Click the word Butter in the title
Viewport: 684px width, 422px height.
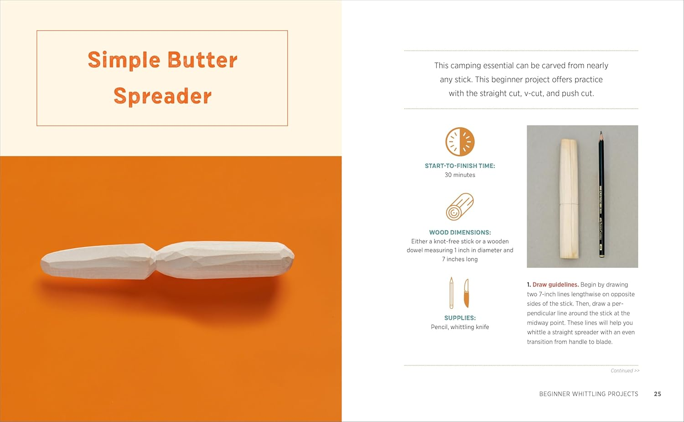pyautogui.click(x=202, y=60)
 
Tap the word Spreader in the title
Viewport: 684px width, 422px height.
pyautogui.click(x=162, y=96)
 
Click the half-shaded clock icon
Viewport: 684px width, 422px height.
pyautogui.click(x=460, y=142)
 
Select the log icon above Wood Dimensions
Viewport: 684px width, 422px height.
pyautogui.click(x=460, y=207)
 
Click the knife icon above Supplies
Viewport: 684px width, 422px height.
pyautogui.click(x=466, y=293)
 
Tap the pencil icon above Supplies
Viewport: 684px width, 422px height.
pyautogui.click(x=451, y=293)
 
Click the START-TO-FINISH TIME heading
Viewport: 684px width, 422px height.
pyautogui.click(x=460, y=166)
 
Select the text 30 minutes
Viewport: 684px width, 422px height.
pyautogui.click(x=460, y=175)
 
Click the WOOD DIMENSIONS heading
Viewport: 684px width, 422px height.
pyautogui.click(x=460, y=233)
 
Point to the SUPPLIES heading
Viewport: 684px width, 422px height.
pyautogui.click(x=460, y=318)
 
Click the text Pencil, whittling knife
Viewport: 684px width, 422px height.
pyautogui.click(x=460, y=327)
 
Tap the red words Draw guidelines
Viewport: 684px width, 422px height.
pyautogui.click(x=555, y=285)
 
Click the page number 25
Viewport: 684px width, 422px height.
pyautogui.click(x=658, y=394)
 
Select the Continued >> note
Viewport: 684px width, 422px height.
pyautogui.click(x=625, y=370)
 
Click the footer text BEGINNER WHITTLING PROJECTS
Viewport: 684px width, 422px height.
pyautogui.click(x=589, y=394)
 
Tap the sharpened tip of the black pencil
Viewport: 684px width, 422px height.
pyautogui.click(x=601, y=132)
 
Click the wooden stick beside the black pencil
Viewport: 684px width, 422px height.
pyautogui.click(x=569, y=198)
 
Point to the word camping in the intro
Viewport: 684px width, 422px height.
pyautogui.click(x=472, y=66)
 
